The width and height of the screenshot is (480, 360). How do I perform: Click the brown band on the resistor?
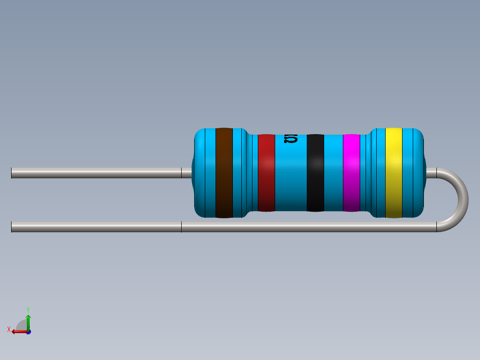coord(224,173)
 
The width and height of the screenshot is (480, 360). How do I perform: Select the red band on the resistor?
coord(266,173)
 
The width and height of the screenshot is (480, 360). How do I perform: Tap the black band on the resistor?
coord(315,173)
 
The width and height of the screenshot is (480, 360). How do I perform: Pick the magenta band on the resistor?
coord(351,173)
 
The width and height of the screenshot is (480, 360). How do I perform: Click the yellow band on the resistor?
coord(394,173)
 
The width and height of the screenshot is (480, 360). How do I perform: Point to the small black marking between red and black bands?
coord(291,139)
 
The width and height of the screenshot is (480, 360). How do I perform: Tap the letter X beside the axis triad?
coord(9,329)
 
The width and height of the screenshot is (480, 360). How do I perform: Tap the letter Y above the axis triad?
coord(28,309)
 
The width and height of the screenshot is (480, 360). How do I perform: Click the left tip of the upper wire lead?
coord(12,173)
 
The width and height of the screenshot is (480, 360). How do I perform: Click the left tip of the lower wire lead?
coord(12,227)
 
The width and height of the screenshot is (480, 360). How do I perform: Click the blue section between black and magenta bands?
coord(333,173)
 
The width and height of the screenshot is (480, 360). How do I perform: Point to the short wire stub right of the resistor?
coord(431,173)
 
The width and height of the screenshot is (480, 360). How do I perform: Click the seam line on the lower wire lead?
coord(181,227)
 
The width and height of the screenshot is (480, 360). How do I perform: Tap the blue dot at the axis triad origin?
coord(28,332)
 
